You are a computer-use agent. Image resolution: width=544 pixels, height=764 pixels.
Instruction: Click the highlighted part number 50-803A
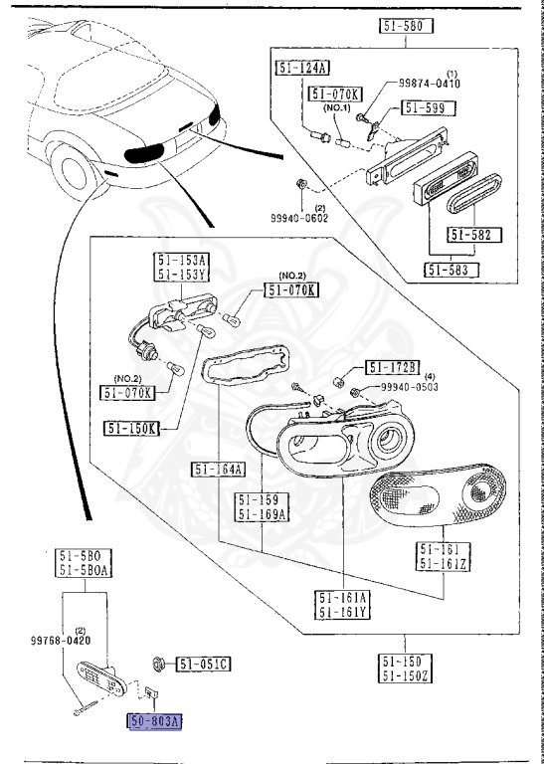coord(155,721)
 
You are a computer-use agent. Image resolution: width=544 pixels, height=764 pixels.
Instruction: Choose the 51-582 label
coord(475,235)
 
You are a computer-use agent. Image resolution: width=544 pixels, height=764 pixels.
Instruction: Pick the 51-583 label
coord(450,269)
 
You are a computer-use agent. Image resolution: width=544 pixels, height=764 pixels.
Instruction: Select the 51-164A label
coord(217,470)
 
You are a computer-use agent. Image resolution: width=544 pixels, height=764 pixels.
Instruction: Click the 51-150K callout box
coord(129,428)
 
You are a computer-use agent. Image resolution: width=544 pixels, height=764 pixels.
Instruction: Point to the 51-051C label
coord(204,663)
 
